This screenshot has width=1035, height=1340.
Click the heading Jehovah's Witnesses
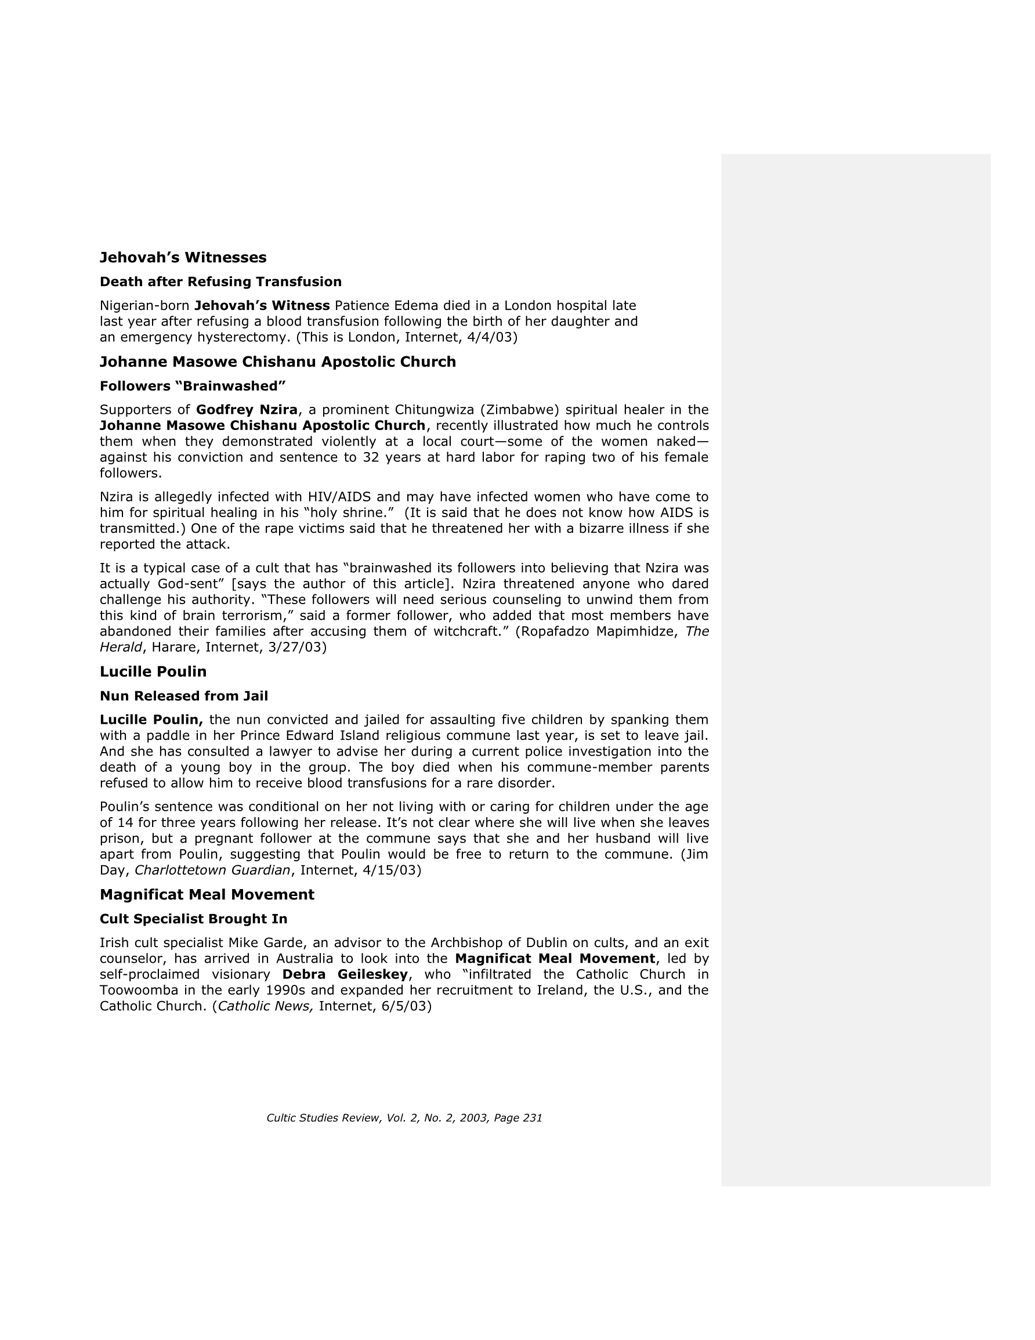point(183,257)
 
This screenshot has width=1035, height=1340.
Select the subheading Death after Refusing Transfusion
point(220,281)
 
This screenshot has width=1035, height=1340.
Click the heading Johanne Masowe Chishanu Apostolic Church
point(277,362)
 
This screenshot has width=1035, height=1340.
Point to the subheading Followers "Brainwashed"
point(193,386)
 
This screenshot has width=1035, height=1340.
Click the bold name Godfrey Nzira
point(247,410)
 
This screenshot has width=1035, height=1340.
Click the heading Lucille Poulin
point(153,672)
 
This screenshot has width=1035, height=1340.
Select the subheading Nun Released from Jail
point(183,696)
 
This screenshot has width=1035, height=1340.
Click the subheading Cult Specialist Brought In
point(193,919)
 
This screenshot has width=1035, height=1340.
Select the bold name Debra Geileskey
point(345,974)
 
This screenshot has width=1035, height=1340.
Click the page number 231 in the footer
point(532,1118)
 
